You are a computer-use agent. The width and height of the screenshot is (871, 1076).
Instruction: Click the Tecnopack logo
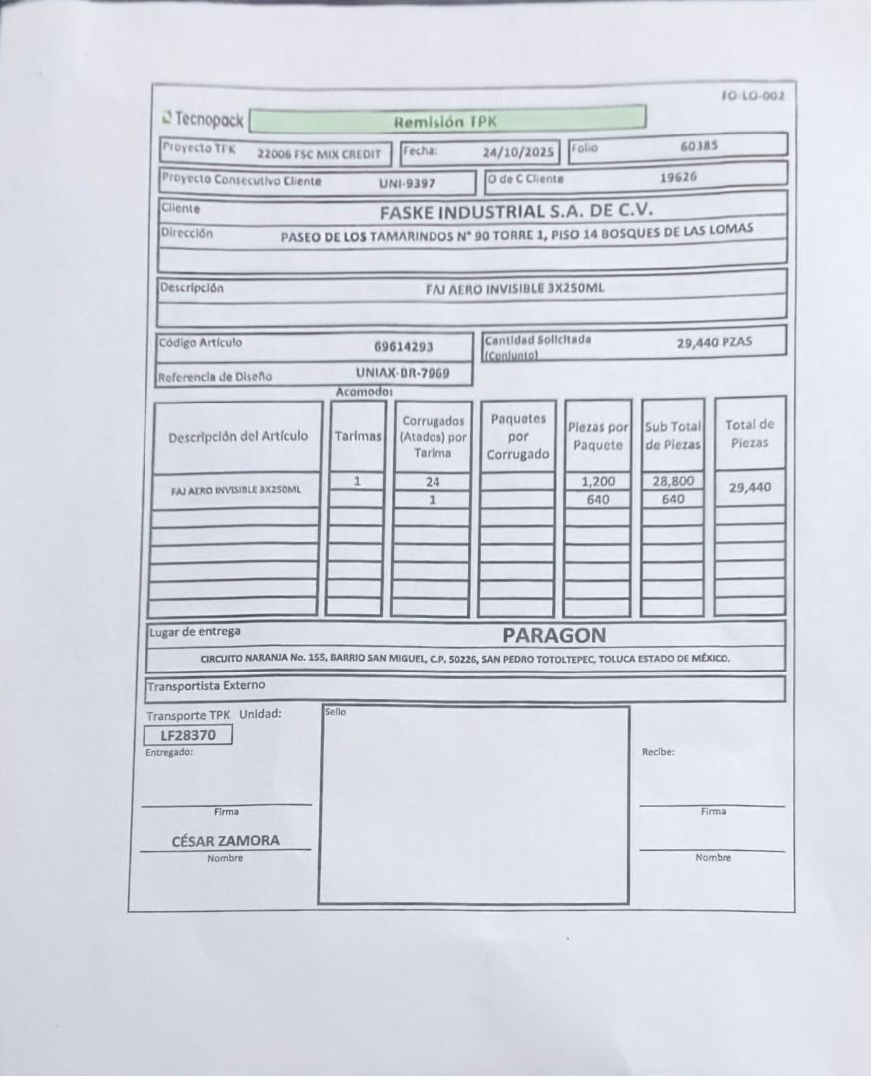click(203, 119)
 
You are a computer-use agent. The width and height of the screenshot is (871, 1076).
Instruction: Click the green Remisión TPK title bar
click(445, 121)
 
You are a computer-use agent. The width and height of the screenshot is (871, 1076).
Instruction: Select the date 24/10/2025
click(517, 153)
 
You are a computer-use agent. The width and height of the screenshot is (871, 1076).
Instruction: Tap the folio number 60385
click(699, 145)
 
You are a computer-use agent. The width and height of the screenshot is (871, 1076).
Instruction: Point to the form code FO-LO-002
click(752, 96)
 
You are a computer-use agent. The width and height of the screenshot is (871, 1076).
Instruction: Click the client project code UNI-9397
click(407, 184)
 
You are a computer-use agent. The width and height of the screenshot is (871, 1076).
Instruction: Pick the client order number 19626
click(678, 177)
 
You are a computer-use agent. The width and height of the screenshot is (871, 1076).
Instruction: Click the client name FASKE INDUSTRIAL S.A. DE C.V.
click(516, 212)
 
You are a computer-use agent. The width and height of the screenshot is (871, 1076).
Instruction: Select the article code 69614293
click(403, 347)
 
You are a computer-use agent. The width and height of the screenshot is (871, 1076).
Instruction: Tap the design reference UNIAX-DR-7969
click(403, 373)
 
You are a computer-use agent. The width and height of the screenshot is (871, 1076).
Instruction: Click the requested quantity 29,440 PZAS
click(715, 342)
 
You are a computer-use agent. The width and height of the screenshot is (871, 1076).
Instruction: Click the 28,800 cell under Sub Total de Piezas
click(673, 481)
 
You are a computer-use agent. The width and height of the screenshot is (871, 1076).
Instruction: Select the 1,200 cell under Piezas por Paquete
click(598, 482)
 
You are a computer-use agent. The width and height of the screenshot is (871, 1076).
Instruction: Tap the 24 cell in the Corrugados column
click(433, 482)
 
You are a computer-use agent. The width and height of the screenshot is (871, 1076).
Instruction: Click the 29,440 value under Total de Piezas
click(750, 488)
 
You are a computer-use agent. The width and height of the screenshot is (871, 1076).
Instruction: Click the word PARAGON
click(554, 635)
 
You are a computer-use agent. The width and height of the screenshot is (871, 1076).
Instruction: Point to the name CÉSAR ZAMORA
click(225, 840)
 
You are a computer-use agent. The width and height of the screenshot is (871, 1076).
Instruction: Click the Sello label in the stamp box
click(335, 712)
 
